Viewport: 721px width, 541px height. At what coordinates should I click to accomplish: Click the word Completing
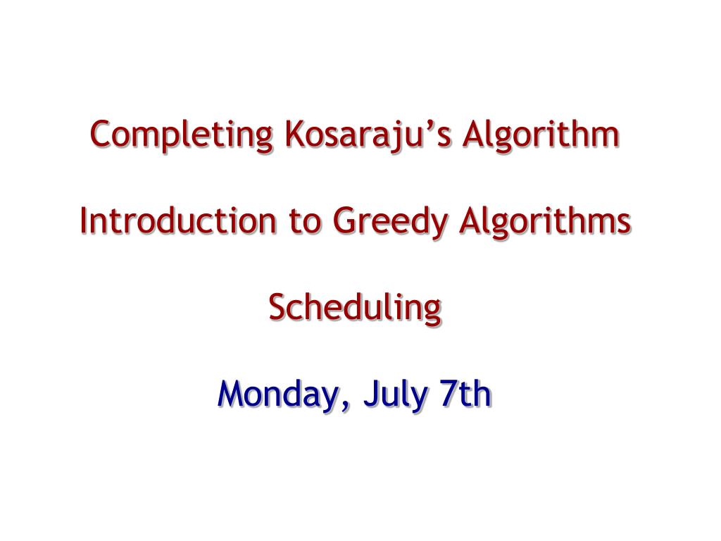coord(182,135)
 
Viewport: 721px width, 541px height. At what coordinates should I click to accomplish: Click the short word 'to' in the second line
coord(304,222)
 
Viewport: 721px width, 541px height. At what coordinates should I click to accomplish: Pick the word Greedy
coord(390,223)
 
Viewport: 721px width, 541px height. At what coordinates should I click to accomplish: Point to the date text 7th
coord(465,394)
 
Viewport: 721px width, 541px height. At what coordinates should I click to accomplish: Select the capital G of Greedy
coord(345,220)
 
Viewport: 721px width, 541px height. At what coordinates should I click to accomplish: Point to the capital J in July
coord(371,394)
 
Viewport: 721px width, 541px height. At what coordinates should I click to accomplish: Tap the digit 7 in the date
coord(449,394)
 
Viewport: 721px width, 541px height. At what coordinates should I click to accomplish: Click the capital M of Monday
coord(233,394)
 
